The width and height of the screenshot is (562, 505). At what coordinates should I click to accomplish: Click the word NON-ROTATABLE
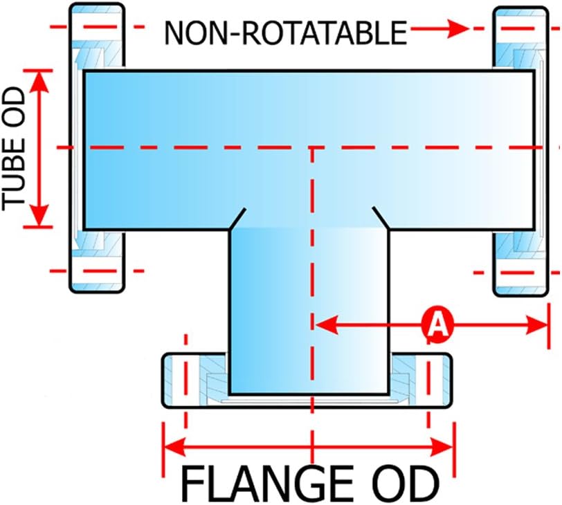[285, 33]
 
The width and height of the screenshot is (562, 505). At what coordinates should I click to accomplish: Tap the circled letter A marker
[437, 325]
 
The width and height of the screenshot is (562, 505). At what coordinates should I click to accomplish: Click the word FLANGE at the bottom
[267, 484]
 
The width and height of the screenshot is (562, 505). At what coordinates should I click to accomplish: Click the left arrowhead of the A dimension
[326, 325]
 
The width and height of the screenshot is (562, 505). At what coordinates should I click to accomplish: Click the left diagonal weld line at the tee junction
[237, 219]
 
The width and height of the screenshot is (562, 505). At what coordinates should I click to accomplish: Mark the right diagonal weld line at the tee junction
[381, 218]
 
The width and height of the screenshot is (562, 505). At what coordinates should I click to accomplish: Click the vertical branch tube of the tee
[308, 311]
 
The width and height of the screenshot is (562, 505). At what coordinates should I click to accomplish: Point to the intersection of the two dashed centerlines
[312, 147]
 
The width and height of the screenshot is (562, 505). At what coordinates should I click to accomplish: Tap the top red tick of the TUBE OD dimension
[38, 71]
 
